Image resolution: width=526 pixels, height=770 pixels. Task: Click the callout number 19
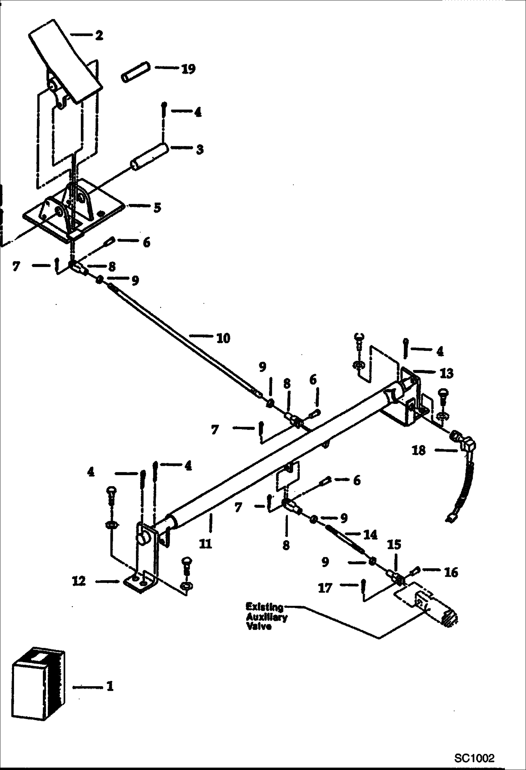188,69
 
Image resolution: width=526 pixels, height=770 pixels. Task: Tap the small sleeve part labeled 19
136,72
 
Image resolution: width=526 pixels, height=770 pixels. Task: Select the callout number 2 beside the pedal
99,35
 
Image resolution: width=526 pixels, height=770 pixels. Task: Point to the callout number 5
157,208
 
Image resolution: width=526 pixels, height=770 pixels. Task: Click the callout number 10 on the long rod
223,338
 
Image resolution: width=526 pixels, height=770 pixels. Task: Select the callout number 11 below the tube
205,544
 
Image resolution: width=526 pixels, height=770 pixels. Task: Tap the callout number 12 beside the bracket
79,581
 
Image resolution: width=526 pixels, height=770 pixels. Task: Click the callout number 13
446,373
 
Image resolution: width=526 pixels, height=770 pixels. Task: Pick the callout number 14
370,535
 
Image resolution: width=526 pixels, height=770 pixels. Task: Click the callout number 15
394,545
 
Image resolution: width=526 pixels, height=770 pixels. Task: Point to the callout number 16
451,572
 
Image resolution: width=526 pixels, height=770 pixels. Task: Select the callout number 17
325,588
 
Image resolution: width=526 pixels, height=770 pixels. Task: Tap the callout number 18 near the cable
419,450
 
